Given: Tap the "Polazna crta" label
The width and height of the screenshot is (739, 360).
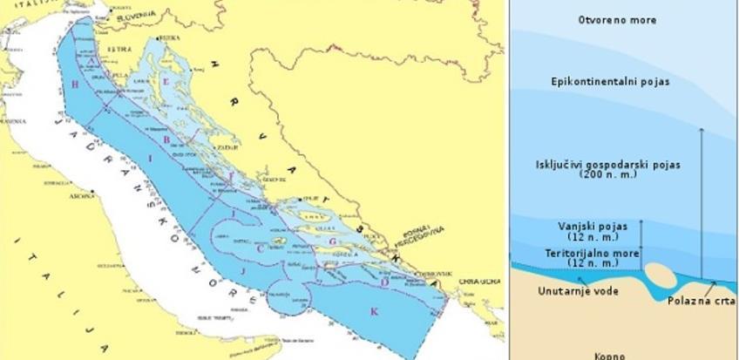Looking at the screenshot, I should (x=701, y=301).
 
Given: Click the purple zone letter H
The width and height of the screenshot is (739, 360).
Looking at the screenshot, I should (x=76, y=84).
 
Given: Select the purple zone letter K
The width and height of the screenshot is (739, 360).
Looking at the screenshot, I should (x=375, y=311).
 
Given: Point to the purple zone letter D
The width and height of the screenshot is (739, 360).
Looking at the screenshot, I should (x=385, y=281).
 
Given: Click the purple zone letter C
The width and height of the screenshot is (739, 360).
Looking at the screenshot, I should (x=261, y=248).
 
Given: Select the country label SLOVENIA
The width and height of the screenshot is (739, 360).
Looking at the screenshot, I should (x=138, y=15).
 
